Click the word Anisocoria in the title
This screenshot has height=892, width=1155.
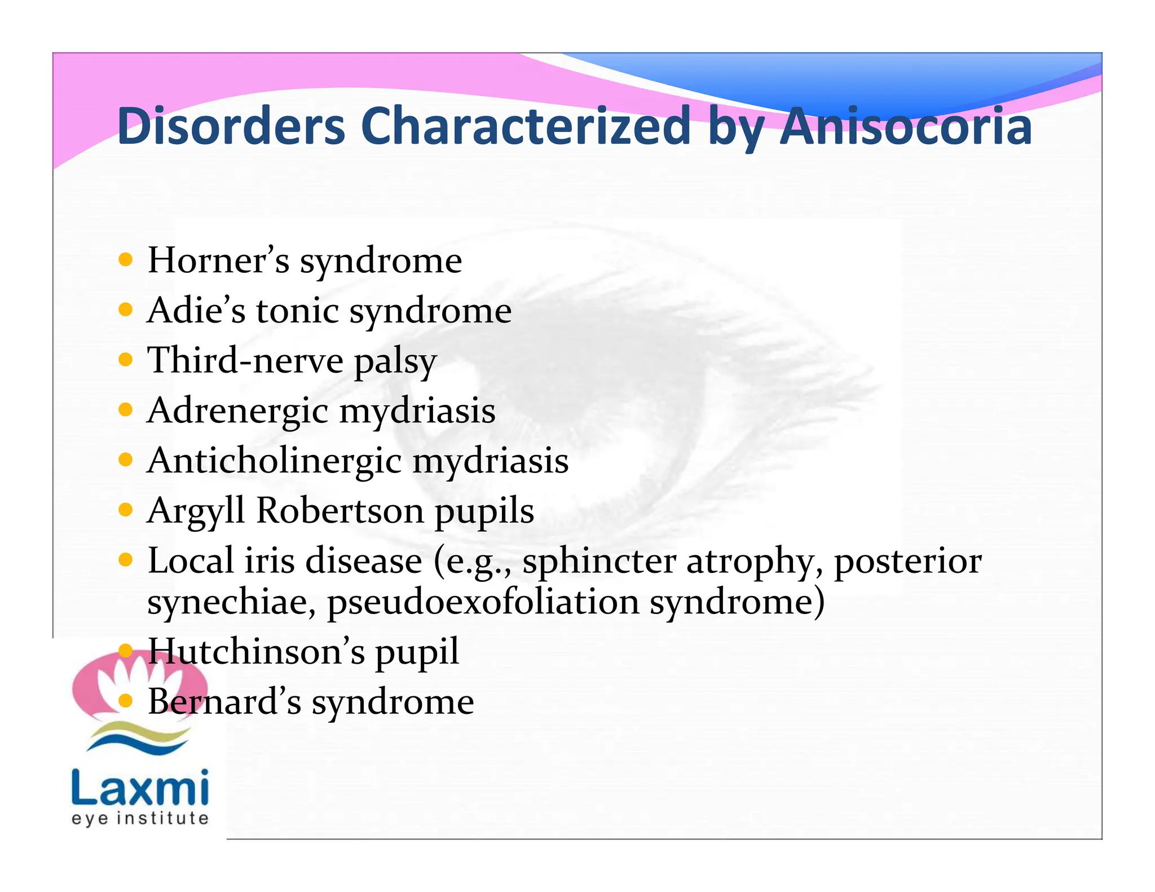point(905,126)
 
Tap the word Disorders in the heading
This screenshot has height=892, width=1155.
point(231,126)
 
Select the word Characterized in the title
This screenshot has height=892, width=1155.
point(525,126)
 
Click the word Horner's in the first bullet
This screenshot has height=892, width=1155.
point(218,260)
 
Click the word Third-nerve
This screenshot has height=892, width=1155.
point(245,360)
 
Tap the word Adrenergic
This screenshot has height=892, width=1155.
point(237,411)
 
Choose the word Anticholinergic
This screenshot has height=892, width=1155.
point(274,461)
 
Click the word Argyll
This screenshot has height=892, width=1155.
point(195,511)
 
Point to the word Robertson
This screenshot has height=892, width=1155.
point(340,511)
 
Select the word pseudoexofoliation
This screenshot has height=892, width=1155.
point(483,602)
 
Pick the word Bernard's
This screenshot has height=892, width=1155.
point(224,702)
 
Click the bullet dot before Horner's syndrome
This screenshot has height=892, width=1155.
point(126,260)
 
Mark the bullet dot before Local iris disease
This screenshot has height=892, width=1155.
point(126,560)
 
